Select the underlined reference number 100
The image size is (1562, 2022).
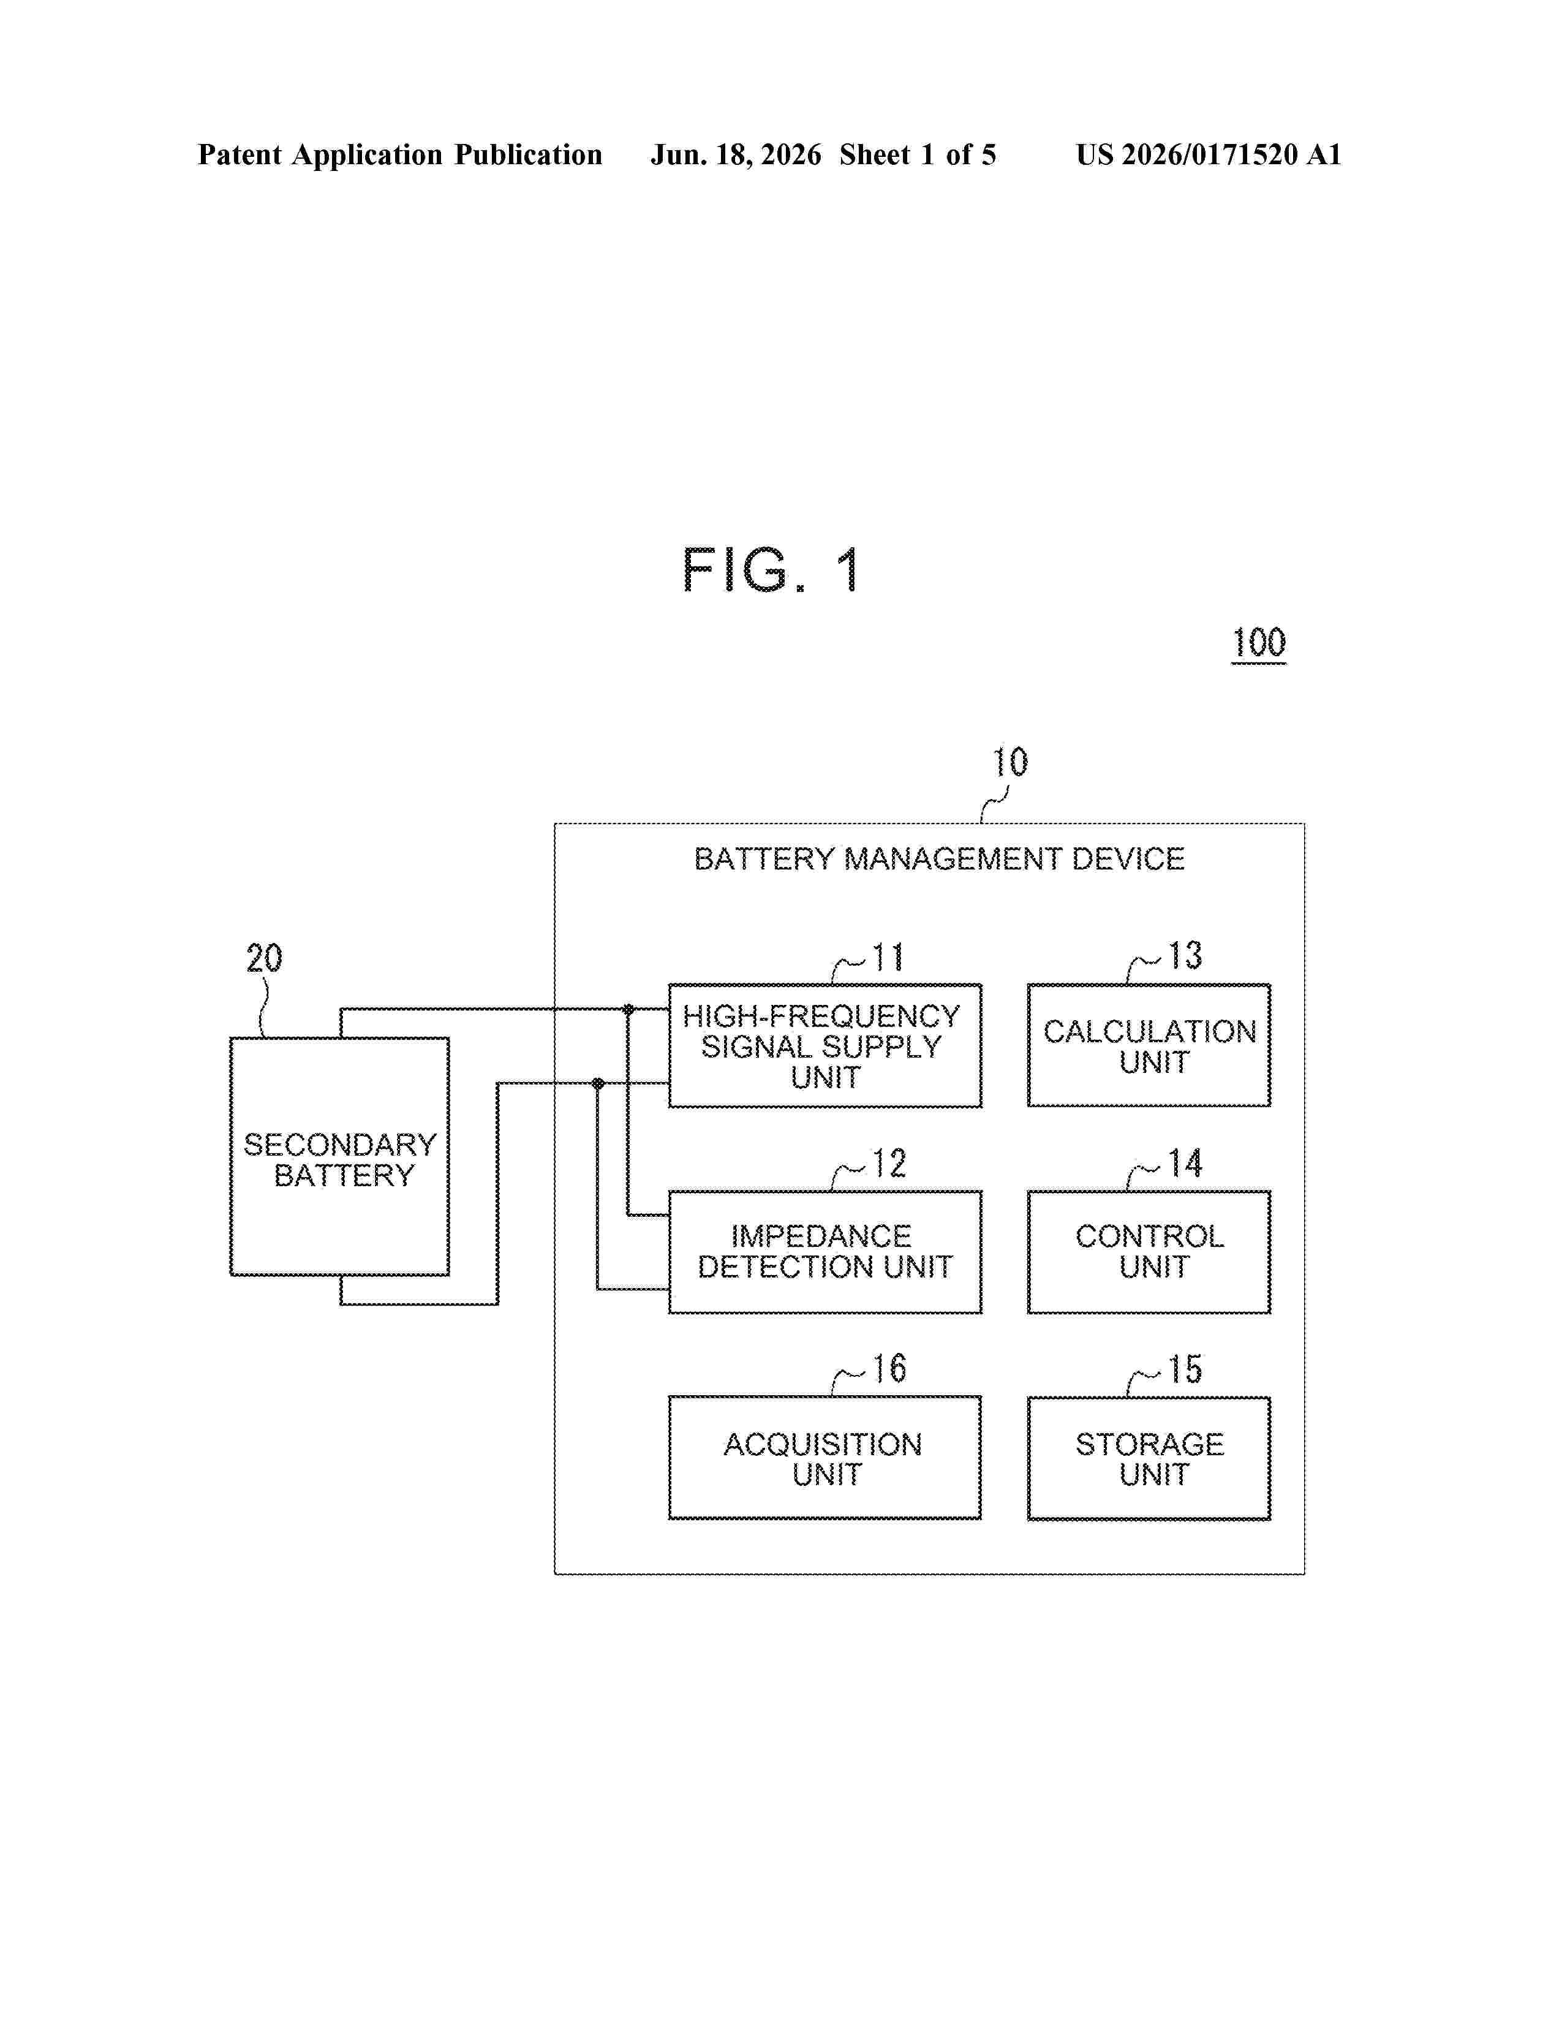(1259, 643)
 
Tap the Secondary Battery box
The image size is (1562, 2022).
(339, 1156)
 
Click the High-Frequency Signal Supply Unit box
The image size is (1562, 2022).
(824, 1045)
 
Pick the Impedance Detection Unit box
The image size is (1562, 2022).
(824, 1252)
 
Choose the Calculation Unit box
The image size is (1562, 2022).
(1149, 1045)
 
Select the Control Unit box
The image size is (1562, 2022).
(1149, 1252)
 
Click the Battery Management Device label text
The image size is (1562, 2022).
(939, 859)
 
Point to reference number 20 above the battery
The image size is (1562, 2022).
(264, 958)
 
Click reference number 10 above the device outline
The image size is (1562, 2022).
(1009, 763)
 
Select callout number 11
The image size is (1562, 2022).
(888, 957)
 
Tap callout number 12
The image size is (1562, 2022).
(889, 1164)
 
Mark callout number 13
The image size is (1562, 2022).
(1185, 955)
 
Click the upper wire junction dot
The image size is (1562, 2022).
(628, 1008)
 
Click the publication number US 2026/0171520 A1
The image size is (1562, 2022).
(1209, 154)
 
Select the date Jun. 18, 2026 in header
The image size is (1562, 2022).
(736, 154)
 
